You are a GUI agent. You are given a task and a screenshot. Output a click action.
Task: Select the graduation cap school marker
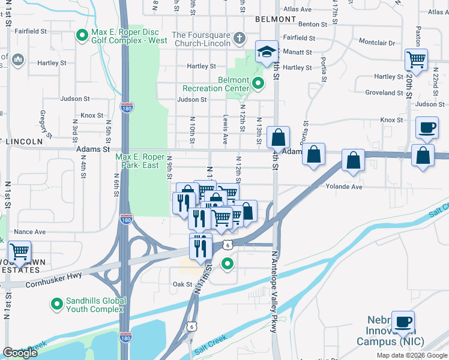click(265, 52)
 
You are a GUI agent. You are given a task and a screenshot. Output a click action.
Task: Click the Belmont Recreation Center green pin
click(258, 83)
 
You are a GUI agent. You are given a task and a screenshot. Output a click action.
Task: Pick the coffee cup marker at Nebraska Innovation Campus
click(402, 321)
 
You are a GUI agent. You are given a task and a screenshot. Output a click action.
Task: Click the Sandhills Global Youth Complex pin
click(57, 305)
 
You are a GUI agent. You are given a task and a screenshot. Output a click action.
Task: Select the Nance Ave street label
click(30, 232)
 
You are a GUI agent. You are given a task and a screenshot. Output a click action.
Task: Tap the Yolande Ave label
click(344, 187)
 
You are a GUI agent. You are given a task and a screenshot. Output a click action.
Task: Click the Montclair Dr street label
click(376, 43)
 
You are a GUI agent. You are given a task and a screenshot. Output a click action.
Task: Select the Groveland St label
click(384, 93)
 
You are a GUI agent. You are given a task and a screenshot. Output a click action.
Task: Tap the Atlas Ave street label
click(298, 10)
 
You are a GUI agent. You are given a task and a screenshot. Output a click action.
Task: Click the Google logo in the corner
click(20, 353)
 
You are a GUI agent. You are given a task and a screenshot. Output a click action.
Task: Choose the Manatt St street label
click(297, 52)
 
